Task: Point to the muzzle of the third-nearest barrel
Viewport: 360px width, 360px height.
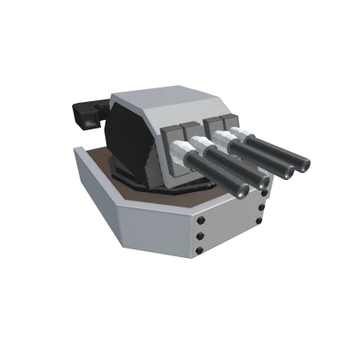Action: (x=288, y=171)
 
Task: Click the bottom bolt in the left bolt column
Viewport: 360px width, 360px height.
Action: (x=201, y=251)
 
